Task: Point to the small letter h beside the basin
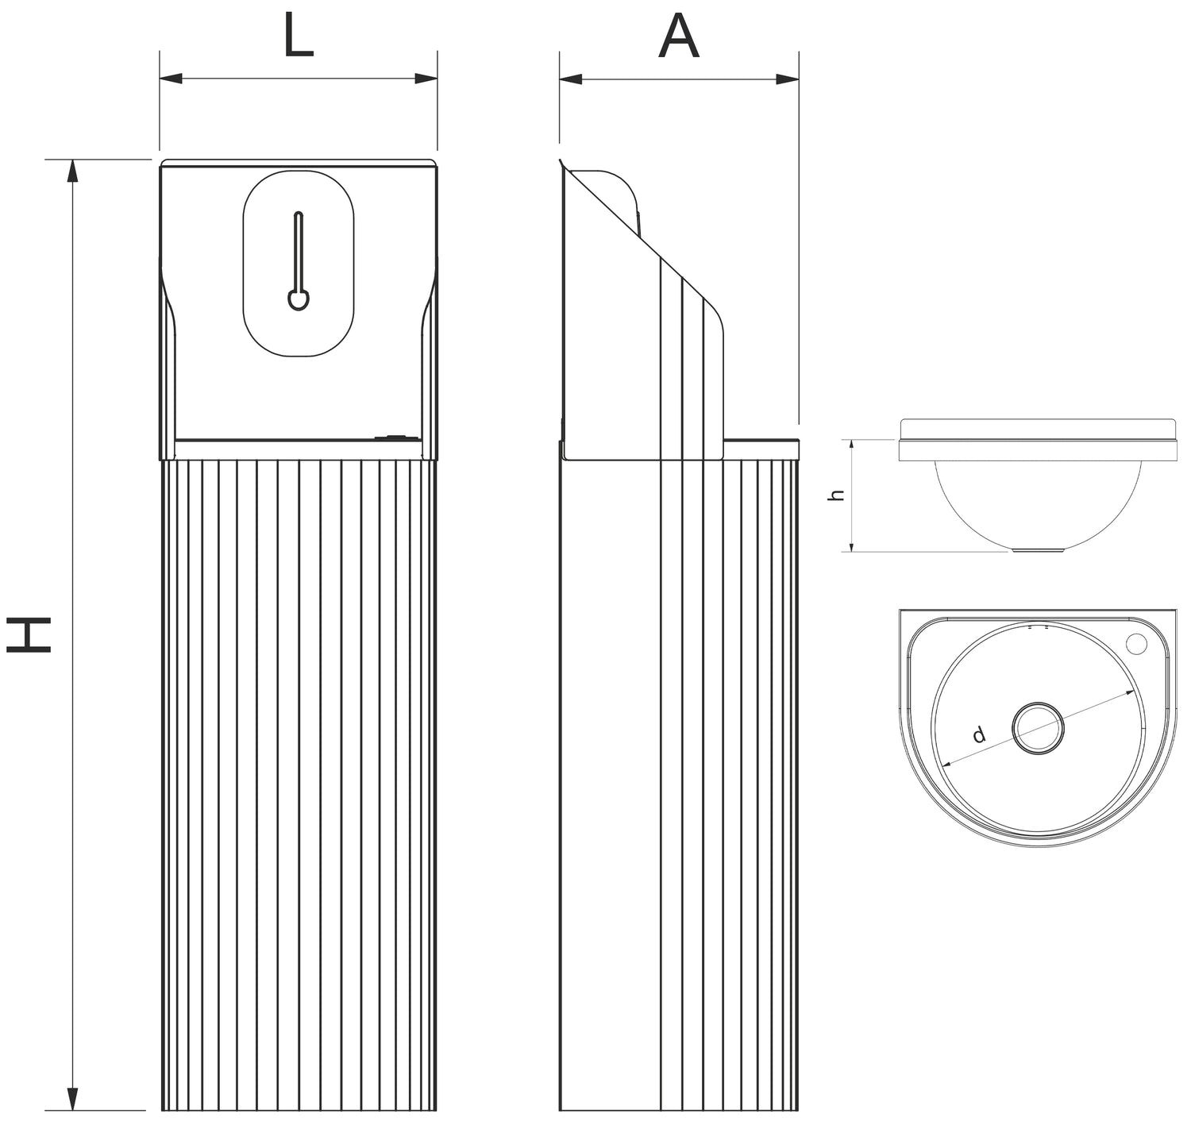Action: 835,495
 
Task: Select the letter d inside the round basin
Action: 980,734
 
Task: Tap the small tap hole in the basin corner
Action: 1139,641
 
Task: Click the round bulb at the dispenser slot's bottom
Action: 298,300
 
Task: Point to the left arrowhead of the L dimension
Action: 170,79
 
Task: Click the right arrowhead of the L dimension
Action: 427,79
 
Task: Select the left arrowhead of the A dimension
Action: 569,79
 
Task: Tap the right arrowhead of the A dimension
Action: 788,79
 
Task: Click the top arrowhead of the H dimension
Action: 72,169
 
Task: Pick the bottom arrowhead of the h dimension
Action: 851,545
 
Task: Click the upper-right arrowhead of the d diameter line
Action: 1128,694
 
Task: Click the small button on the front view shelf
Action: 393,436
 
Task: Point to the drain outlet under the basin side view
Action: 1039,549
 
